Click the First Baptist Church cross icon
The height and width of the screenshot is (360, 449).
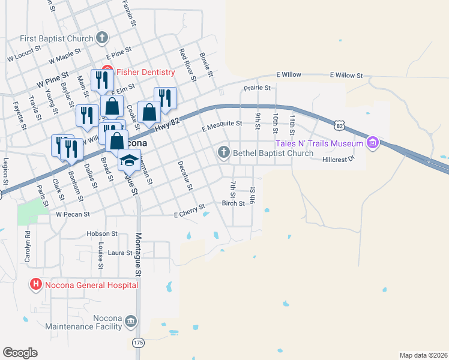[103, 38]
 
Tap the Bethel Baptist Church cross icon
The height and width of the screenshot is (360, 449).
[224, 152]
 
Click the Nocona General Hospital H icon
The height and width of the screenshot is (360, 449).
[35, 284]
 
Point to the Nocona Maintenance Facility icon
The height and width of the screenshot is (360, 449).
[130, 324]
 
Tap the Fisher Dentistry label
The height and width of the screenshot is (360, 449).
[145, 72]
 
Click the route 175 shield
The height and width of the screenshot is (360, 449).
[138, 342]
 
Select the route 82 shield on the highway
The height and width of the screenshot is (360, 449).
[340, 125]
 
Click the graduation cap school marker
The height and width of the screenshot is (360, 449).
[128, 160]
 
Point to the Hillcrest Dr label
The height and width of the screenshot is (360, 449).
[339, 160]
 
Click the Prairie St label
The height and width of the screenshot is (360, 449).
[257, 88]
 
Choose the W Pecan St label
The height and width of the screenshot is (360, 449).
[73, 214]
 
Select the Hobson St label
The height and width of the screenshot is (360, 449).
[101, 233]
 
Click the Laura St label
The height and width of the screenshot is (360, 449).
[120, 253]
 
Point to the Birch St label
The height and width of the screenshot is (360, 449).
[233, 203]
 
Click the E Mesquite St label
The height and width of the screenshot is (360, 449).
[221, 124]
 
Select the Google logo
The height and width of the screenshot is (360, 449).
[20, 353]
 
